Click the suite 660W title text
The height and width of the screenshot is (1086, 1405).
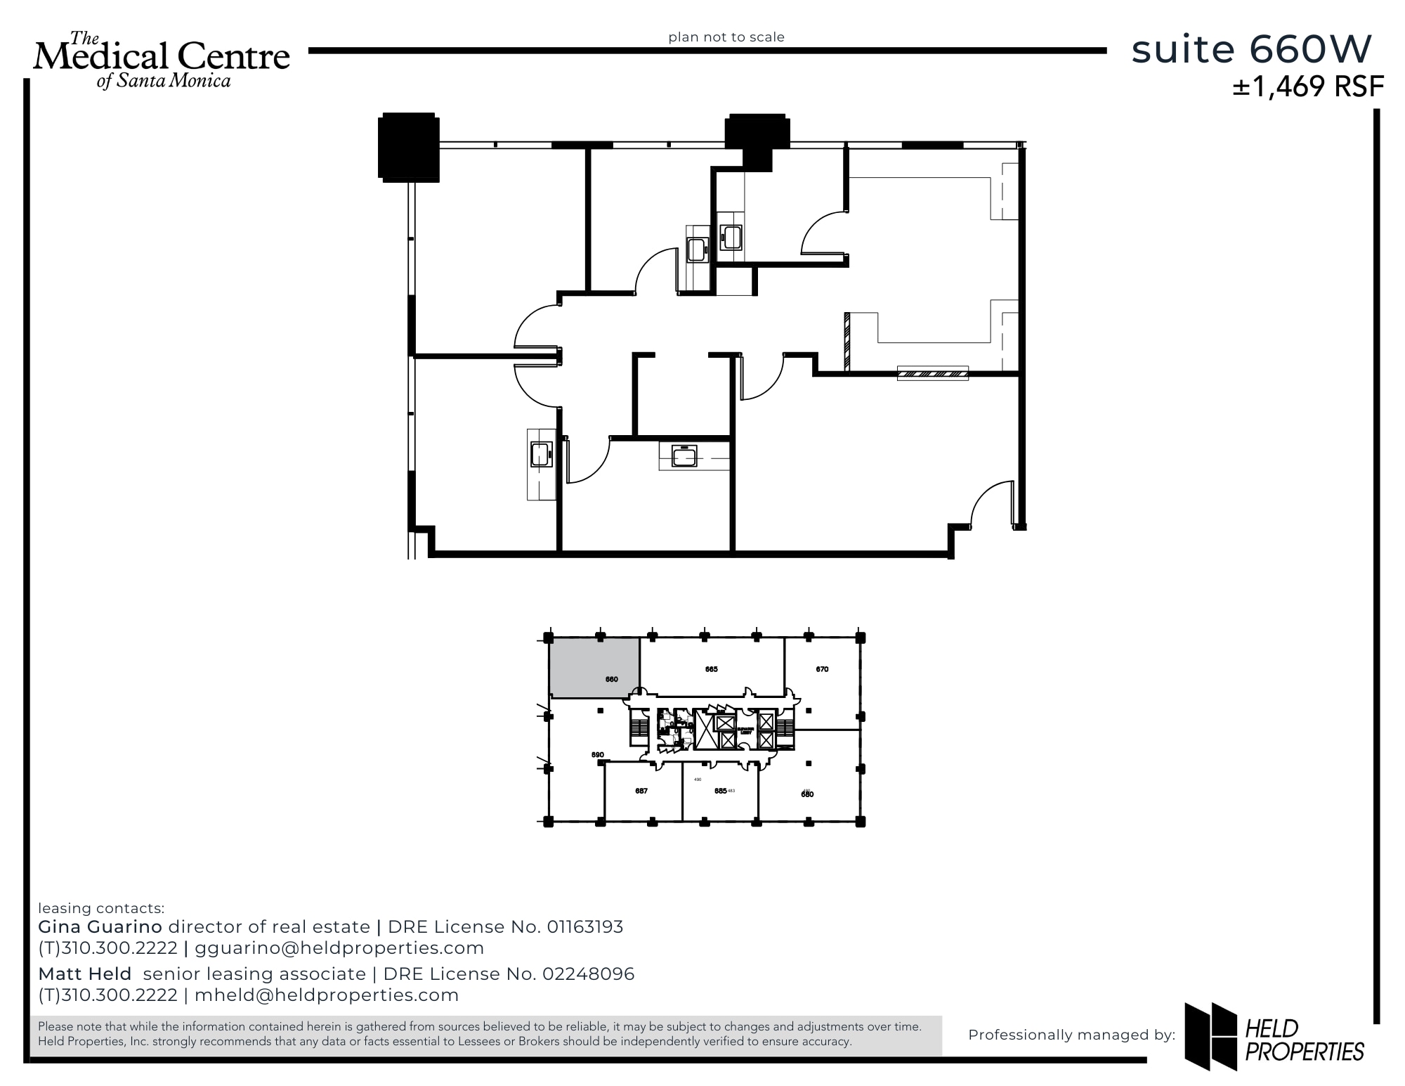coord(1251,50)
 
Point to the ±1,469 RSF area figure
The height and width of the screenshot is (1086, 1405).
coord(1307,86)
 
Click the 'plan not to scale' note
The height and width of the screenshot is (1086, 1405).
coord(726,37)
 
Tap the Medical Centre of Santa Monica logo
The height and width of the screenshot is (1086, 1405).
coord(162,60)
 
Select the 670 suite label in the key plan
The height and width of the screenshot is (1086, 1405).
coord(822,669)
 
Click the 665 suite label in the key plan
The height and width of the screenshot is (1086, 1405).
coord(711,669)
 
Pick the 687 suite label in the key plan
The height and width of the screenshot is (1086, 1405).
coord(641,791)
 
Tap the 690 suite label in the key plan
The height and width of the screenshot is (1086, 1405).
coord(597,755)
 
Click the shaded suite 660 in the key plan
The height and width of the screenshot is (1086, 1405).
coord(594,668)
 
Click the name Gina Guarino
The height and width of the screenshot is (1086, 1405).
coord(100,927)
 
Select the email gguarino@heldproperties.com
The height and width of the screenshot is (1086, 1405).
coord(339,948)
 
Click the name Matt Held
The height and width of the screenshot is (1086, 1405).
coord(85,974)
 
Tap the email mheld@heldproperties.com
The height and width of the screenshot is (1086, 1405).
coord(327,995)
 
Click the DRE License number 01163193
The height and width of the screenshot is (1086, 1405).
coord(584,927)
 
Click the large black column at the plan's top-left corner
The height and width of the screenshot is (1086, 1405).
coord(408,148)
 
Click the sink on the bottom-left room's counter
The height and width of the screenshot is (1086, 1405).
coord(540,454)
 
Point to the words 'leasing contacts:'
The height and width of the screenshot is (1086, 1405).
coord(101,908)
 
